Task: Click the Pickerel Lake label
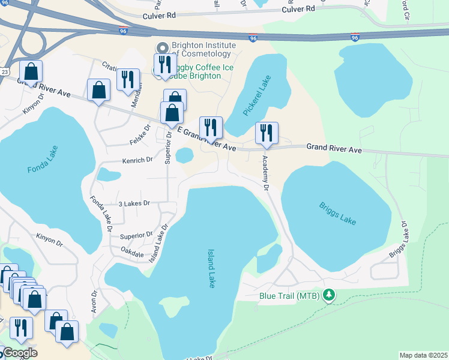pyautogui.click(x=258, y=95)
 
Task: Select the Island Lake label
pyautogui.click(x=211, y=269)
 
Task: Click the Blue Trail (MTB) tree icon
pyautogui.click(x=328, y=295)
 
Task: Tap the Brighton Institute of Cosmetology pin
pyautogui.click(x=161, y=49)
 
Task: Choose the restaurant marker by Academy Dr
pyautogui.click(x=267, y=133)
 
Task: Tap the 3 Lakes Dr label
pyautogui.click(x=133, y=204)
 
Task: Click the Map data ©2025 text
pyautogui.click(x=423, y=355)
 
